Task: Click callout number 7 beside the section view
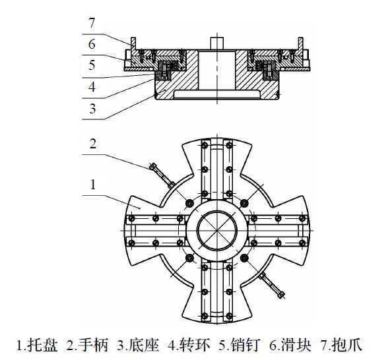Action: pos(92,23)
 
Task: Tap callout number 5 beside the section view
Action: pos(92,66)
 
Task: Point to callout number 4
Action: pos(92,86)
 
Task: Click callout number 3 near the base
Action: pos(92,107)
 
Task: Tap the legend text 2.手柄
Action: pos(88,345)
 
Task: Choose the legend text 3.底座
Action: pos(137,345)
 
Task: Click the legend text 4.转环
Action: pos(187,345)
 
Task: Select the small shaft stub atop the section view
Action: pos(216,40)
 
